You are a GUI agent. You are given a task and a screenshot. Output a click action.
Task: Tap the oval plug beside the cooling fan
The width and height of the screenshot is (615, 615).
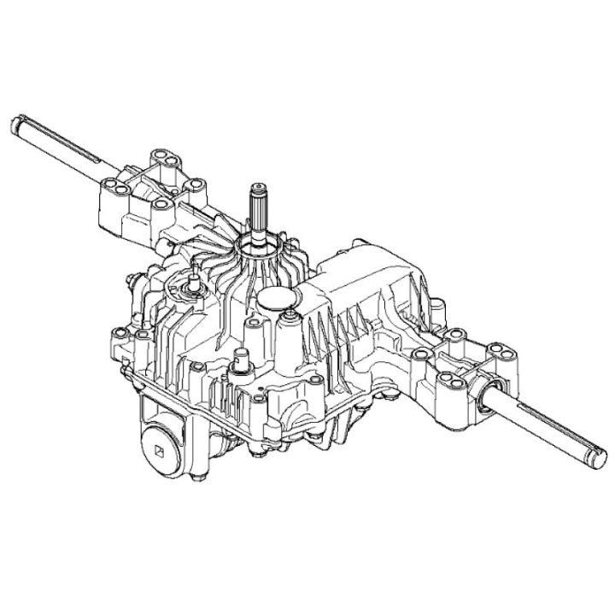tap(281, 298)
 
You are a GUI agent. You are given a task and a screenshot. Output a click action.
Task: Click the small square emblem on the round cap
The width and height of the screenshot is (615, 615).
tap(159, 442)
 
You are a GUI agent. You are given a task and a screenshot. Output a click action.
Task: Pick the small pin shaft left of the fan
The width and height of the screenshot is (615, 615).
tap(194, 278)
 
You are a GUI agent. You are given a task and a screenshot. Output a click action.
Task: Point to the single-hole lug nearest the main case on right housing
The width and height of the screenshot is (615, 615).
tap(420, 353)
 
